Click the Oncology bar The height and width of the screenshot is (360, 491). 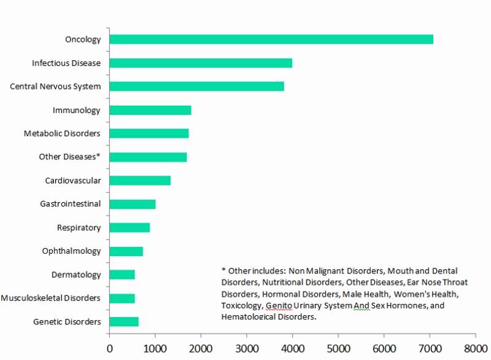click(271, 39)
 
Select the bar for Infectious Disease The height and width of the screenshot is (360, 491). click(201, 63)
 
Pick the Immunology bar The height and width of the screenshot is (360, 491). click(150, 110)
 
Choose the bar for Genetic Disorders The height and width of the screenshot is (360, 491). click(124, 321)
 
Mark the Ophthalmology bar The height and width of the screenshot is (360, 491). click(126, 251)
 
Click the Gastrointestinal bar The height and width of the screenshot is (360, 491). click(133, 204)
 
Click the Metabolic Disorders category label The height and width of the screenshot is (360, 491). click(62, 133)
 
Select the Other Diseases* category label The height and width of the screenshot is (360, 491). click(69, 157)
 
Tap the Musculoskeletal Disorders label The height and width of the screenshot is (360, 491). click(50, 298)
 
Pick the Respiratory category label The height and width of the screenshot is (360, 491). click(79, 227)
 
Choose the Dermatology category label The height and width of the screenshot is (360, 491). click(76, 275)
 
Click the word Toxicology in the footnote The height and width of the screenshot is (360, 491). click(241, 305)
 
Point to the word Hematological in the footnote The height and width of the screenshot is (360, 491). click(248, 317)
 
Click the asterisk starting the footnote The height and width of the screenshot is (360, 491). click(224, 270)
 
